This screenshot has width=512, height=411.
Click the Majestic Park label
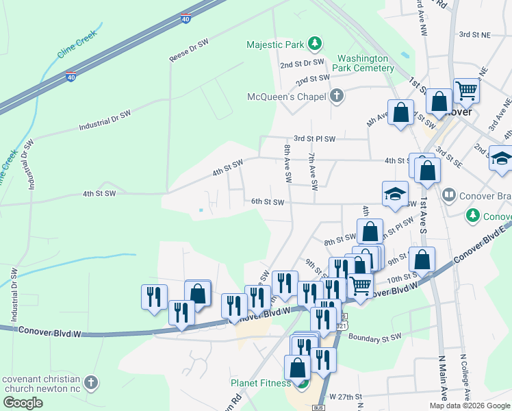point(274,45)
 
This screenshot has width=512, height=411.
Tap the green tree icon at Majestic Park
point(314,45)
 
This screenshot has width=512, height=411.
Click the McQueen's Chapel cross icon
point(336,96)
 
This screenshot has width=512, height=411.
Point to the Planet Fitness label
point(260,383)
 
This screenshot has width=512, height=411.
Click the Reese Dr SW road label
point(188,51)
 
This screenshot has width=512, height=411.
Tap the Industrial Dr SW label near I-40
point(104,121)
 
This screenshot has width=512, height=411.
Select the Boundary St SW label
point(375,337)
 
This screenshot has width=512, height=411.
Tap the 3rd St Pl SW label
point(315,138)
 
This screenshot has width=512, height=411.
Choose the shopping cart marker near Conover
point(466,89)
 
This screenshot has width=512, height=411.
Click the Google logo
point(23,402)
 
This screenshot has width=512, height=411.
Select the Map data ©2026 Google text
point(470,406)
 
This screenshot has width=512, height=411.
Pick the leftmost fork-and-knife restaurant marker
point(153,297)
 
